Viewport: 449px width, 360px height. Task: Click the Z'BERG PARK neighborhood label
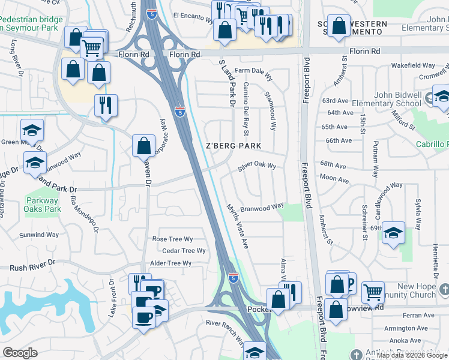(234, 146)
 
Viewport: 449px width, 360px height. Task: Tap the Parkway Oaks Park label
(44, 205)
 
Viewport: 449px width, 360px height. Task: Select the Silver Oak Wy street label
(256, 166)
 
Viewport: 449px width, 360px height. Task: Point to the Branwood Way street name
(262, 208)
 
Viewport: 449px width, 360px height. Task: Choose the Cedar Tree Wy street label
(184, 251)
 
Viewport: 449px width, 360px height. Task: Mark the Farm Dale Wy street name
(253, 71)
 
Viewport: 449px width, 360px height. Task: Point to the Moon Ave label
(334, 179)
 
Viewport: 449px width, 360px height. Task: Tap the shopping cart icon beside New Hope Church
(373, 292)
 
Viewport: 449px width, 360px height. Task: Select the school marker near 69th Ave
(393, 232)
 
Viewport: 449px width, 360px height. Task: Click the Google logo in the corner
(20, 353)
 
